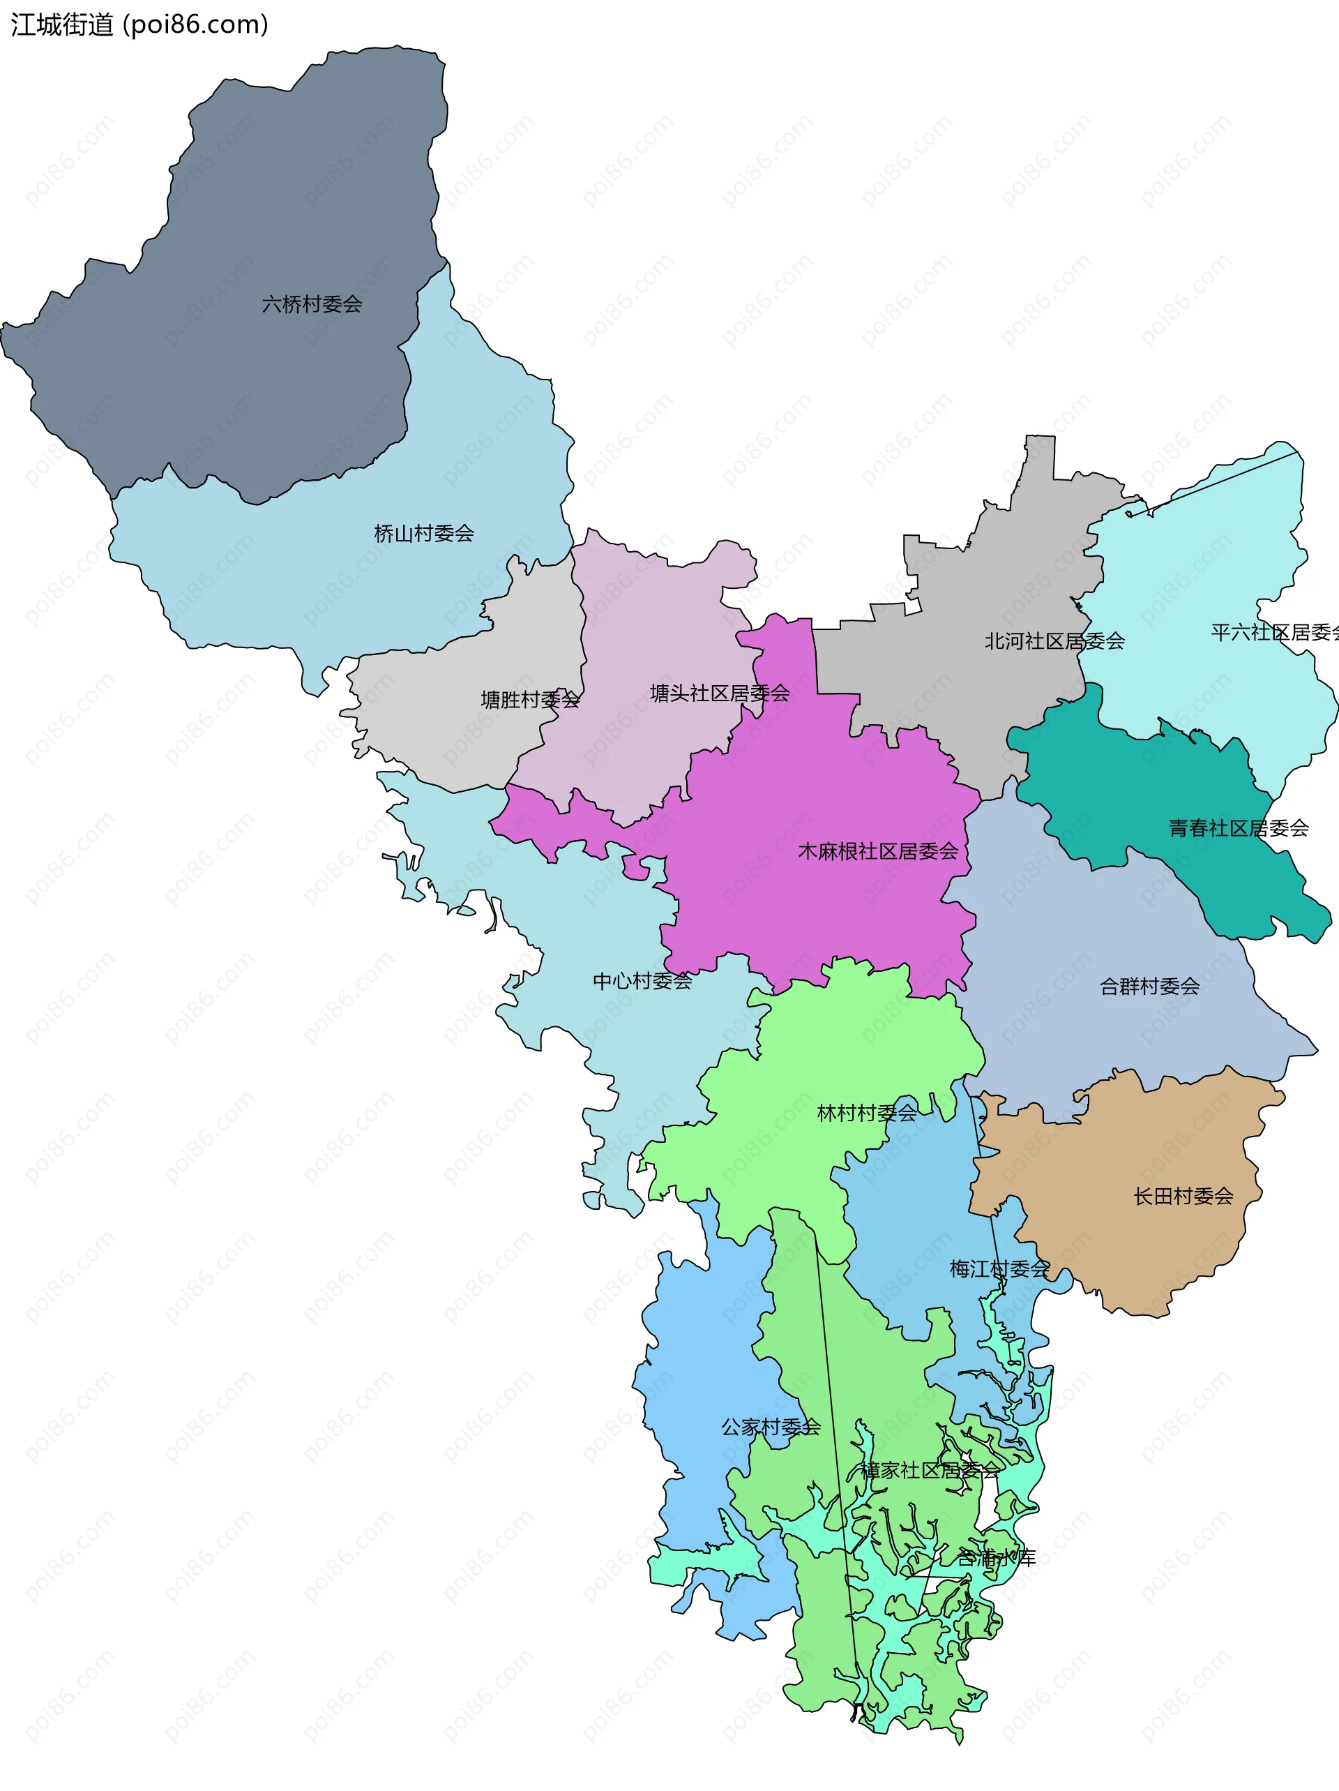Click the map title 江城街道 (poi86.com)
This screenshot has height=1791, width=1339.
click(x=139, y=25)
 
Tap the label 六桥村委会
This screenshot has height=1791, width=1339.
click(x=312, y=304)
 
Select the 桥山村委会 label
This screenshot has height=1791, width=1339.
click(x=423, y=534)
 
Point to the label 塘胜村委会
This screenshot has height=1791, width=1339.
click(x=530, y=700)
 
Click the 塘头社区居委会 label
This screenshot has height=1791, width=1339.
click(x=720, y=693)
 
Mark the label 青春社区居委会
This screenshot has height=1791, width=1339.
click(x=1239, y=828)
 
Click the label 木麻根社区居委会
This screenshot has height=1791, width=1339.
click(x=877, y=851)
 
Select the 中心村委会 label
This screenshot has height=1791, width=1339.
click(x=643, y=982)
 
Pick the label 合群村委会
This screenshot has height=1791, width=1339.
click(x=1149, y=986)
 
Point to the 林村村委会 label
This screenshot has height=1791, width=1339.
click(x=867, y=1114)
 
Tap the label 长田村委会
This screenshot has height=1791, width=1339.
click(x=1183, y=1197)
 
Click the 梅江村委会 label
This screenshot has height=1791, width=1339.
click(x=999, y=1268)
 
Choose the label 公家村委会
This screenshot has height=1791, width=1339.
click(x=771, y=1427)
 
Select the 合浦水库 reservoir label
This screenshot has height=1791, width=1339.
click(x=996, y=1557)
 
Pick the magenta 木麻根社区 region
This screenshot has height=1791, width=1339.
click(x=810, y=907)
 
